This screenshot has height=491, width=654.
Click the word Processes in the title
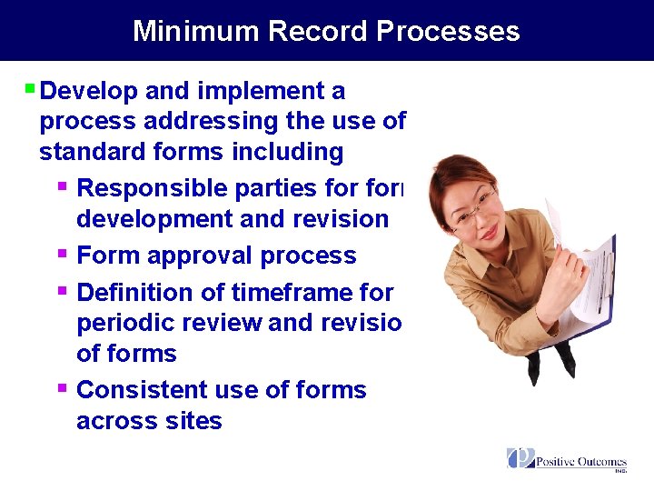point(448,31)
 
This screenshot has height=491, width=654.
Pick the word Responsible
point(153,188)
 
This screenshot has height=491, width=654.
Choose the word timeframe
point(285,293)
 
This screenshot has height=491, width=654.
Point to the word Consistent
point(143,390)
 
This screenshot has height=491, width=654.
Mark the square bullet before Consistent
point(62,388)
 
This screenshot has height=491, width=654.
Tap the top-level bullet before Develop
point(30,89)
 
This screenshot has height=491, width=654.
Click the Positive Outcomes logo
point(567,460)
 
